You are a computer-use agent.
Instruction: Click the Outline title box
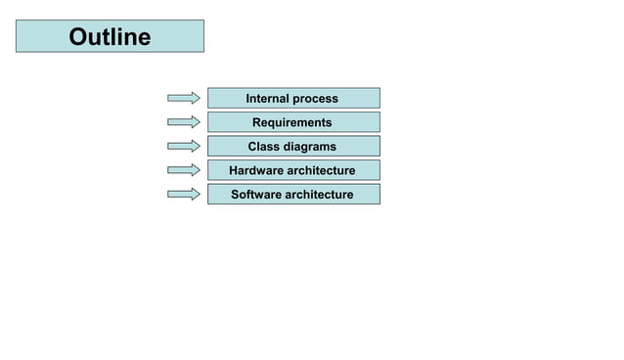point(110,36)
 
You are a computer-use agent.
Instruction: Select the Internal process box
point(293,98)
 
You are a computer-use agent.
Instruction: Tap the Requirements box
point(293,122)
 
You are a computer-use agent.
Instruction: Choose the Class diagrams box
point(293,146)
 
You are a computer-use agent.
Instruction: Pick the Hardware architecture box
point(293,170)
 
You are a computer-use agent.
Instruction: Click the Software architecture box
point(293,194)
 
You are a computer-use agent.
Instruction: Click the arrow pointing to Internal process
point(184,98)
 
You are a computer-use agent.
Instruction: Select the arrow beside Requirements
point(184,122)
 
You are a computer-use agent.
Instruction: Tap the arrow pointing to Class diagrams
point(184,146)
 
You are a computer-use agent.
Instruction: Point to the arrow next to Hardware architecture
point(184,170)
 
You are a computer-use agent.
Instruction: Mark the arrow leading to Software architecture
point(184,194)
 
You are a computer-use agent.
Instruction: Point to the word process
point(316,99)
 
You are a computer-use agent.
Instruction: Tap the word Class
point(265,146)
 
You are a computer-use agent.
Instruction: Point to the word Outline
point(110,37)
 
